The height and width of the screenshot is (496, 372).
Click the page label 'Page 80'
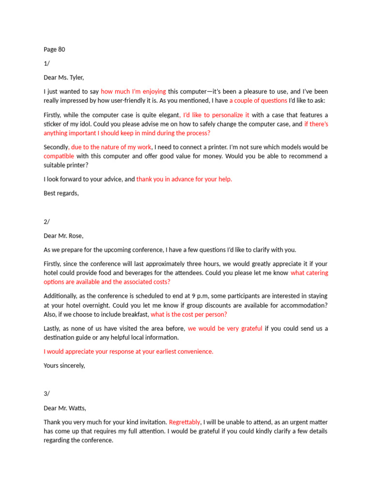pyautogui.click(x=54, y=49)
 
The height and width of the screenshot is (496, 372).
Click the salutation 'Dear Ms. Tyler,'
pyautogui.click(x=63, y=77)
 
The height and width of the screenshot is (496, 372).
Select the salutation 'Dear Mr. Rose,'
pyautogui.click(x=63, y=236)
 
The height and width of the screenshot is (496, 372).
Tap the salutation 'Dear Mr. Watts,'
pyautogui.click(x=65, y=408)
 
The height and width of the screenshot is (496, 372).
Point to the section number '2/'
pyautogui.click(x=46, y=222)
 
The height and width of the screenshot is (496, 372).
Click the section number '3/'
pyautogui.click(x=46, y=394)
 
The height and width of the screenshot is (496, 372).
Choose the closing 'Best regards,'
pyautogui.click(x=61, y=193)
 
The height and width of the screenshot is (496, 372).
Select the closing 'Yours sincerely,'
pyautogui.click(x=64, y=366)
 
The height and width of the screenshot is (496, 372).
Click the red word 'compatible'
pyautogui.click(x=59, y=156)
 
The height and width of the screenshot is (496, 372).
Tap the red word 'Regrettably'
pyautogui.click(x=185, y=422)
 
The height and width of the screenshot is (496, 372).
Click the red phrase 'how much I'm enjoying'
pyautogui.click(x=133, y=91)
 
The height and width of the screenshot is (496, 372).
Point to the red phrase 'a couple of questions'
pyautogui.click(x=258, y=100)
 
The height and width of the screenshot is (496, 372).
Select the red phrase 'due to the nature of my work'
pyautogui.click(x=111, y=147)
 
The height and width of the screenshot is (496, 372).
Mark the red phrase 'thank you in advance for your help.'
pyautogui.click(x=184, y=179)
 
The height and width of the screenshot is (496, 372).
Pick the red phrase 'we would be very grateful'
pyautogui.click(x=225, y=328)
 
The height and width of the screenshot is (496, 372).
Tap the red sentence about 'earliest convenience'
pyautogui.click(x=128, y=352)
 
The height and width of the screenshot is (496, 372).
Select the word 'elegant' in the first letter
pyautogui.click(x=168, y=115)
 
